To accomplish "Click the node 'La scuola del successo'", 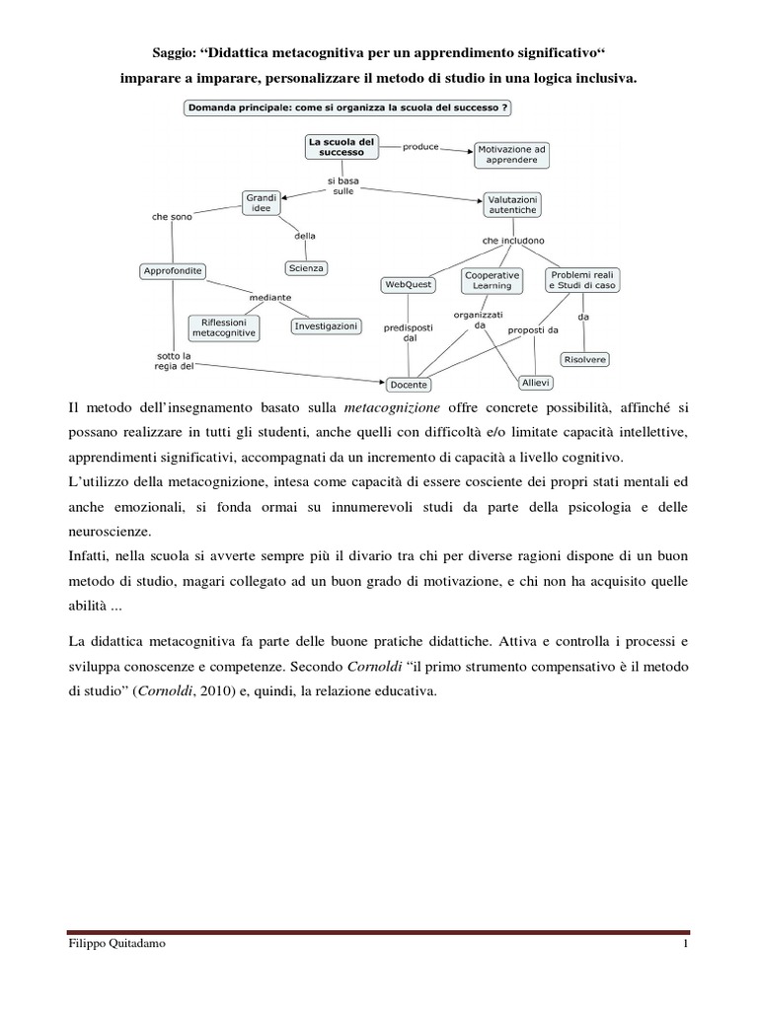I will point(341,147).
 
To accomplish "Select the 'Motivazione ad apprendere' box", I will point(511,154).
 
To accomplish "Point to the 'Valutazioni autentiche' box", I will point(511,204).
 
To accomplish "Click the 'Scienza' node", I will point(306,267).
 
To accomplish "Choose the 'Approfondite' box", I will point(174,270).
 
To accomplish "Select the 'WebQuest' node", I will point(409,284).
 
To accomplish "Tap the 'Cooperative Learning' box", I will point(493,280).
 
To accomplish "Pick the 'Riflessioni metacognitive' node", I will point(224,327).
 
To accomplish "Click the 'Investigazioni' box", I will point(326,325).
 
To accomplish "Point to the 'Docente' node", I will point(408,385).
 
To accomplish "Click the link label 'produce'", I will point(421,146).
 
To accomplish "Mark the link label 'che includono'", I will point(512,240).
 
